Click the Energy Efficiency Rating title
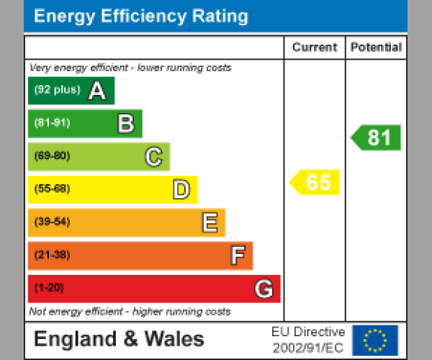141,17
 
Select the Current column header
315,48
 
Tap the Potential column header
376,48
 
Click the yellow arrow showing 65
315,182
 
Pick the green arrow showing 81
377,138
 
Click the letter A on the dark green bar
97,91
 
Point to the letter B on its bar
125,124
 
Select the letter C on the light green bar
153,157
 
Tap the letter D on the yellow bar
181,190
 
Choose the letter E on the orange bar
209,223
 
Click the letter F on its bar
237,256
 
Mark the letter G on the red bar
264,289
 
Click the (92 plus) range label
57,91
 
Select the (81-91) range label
52,123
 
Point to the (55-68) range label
52,189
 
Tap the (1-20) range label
49,288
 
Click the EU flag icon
374,340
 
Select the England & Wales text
120,339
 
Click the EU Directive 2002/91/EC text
308,340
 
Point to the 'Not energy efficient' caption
130,312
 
